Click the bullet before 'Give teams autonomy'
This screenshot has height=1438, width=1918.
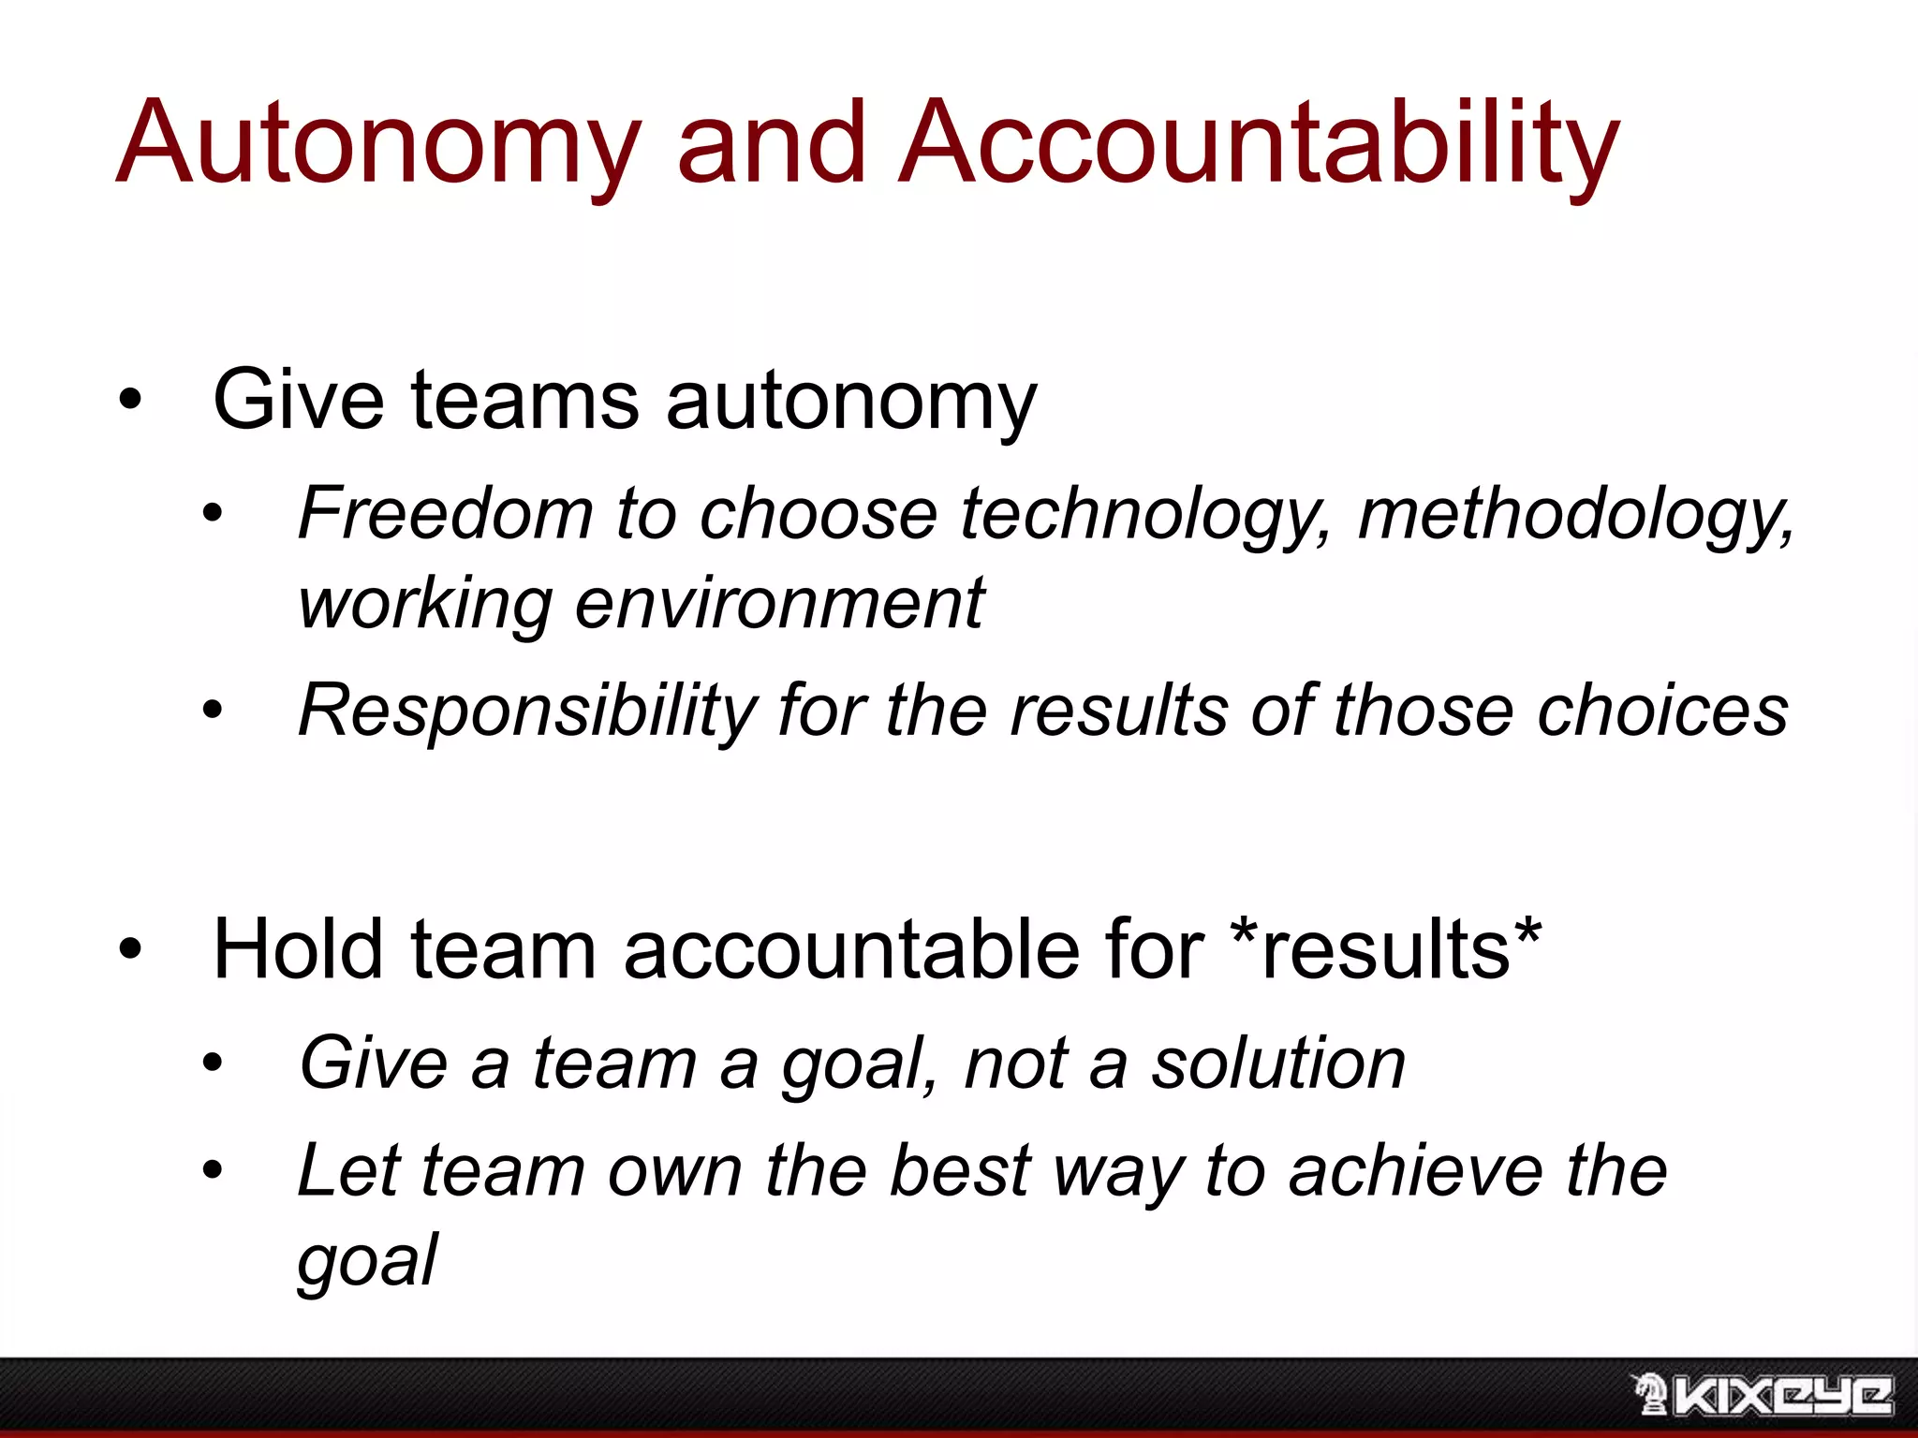(x=130, y=401)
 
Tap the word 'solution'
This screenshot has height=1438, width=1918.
(x=1278, y=1064)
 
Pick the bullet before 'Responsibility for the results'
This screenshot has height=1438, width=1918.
(x=214, y=711)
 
